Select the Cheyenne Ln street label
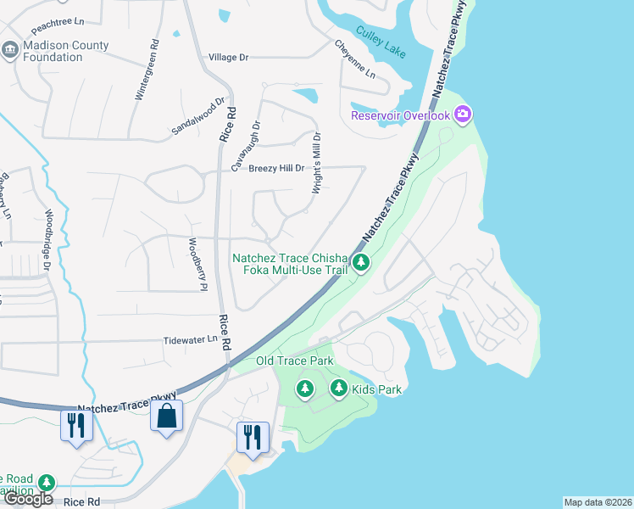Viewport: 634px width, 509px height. (354, 59)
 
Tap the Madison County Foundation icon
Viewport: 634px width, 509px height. (10, 50)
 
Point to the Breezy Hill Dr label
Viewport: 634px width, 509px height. (276, 169)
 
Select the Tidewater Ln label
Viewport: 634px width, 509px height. (191, 339)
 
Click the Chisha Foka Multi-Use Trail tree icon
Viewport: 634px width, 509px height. (361, 263)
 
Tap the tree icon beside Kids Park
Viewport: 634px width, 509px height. (339, 389)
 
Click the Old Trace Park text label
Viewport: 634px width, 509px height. (295, 361)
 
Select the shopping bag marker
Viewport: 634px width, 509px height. (166, 417)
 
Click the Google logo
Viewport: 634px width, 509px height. (27, 499)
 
